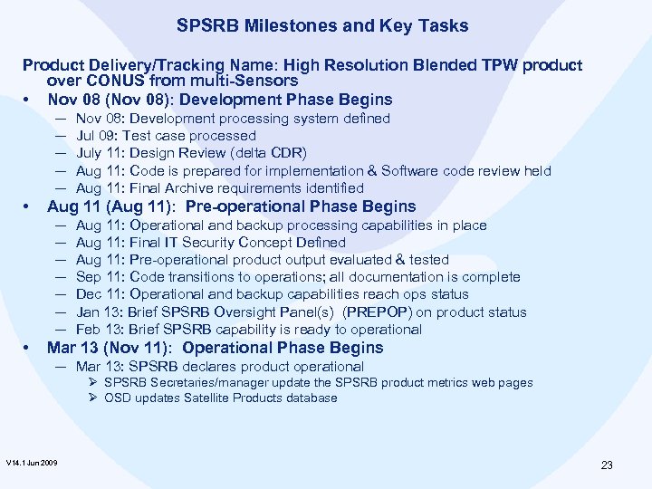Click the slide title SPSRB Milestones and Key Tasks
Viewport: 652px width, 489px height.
[x=322, y=26]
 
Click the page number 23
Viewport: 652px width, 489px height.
[x=606, y=465]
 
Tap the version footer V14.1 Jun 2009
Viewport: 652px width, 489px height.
[x=32, y=463]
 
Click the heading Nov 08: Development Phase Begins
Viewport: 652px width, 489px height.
[x=219, y=100]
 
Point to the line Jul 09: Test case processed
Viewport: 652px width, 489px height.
[x=167, y=136]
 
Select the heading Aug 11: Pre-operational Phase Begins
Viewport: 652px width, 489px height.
[x=231, y=206]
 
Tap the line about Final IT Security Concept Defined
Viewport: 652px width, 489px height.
[x=210, y=243]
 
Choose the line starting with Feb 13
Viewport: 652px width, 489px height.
[x=248, y=330]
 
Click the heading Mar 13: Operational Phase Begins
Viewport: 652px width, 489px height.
[x=215, y=348]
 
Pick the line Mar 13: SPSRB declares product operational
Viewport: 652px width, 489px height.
[x=219, y=367]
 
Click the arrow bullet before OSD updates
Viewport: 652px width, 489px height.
[x=93, y=398]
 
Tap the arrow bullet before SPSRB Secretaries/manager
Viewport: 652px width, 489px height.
[x=93, y=382]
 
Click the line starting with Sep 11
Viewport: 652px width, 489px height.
[x=298, y=277]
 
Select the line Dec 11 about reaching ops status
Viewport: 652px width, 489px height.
[x=272, y=294]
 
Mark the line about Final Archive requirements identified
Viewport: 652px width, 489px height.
[x=219, y=188]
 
